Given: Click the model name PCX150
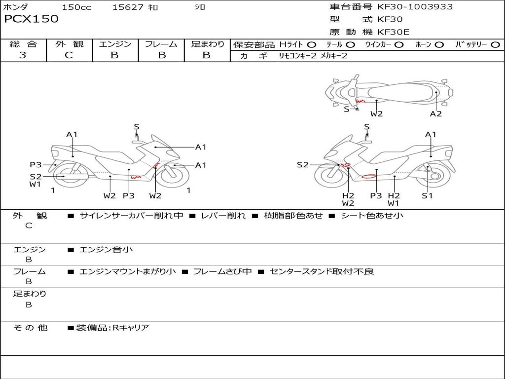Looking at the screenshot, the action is (31, 19).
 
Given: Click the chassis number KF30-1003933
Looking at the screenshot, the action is (415, 7).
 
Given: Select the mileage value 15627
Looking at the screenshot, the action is (128, 7).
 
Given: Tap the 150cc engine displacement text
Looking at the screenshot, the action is (76, 7).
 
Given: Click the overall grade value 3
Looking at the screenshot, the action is (23, 55).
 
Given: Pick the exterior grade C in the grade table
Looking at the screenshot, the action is (69, 55).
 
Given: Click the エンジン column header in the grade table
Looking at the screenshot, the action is (115, 44).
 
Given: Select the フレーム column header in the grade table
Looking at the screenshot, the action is (161, 44).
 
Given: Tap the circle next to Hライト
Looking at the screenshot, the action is (312, 45).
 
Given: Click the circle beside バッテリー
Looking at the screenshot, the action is (495, 45).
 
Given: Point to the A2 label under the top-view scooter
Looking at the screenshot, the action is (436, 114).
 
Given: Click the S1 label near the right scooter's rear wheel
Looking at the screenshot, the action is (427, 195).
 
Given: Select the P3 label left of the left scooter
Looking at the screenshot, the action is (36, 165).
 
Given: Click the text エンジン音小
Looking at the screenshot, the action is (106, 250).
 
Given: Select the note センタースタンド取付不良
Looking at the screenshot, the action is (322, 271).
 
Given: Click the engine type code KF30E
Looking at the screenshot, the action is (394, 32).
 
